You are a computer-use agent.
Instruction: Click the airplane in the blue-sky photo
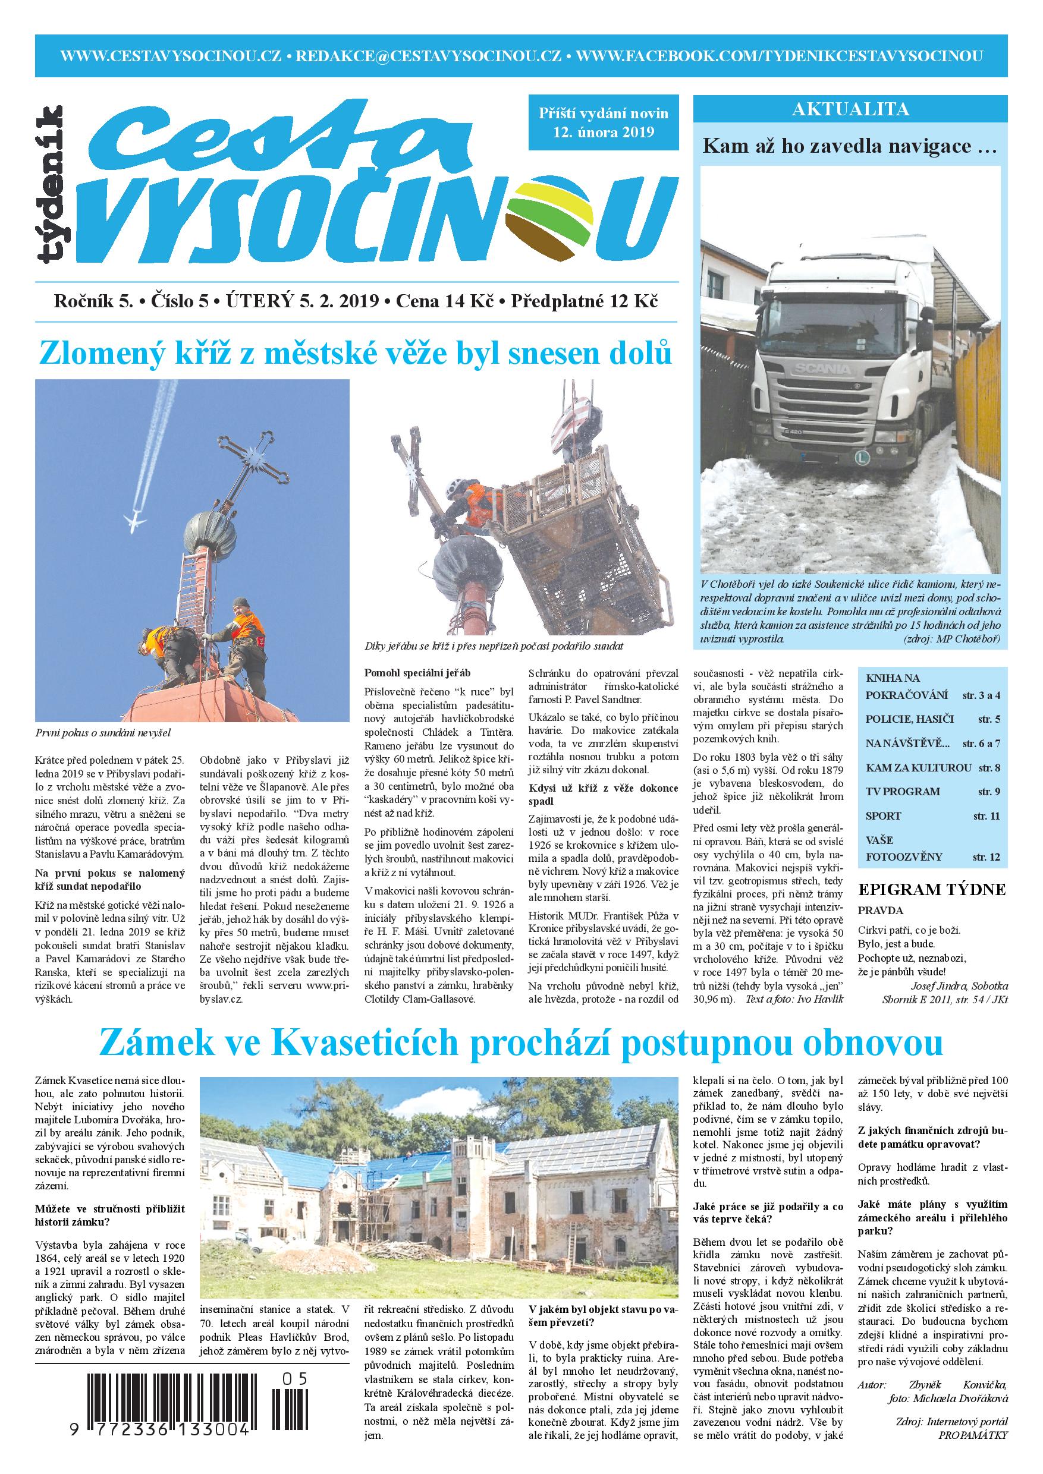pos(135,521)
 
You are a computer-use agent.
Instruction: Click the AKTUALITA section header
pos(850,109)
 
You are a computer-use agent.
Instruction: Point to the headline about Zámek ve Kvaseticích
pos(520,1044)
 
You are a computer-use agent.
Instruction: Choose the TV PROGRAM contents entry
pos(902,792)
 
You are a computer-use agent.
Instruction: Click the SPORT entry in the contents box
pos(883,816)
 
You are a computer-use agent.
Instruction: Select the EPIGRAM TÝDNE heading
pos(931,889)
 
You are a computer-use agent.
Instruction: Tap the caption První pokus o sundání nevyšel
pos(103,731)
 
